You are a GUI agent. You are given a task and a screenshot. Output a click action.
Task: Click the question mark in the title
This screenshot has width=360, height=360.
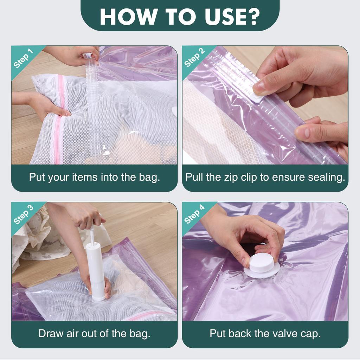[x=253, y=17]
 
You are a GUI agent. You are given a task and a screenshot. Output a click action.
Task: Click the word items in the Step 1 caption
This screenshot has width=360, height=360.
[x=84, y=177]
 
